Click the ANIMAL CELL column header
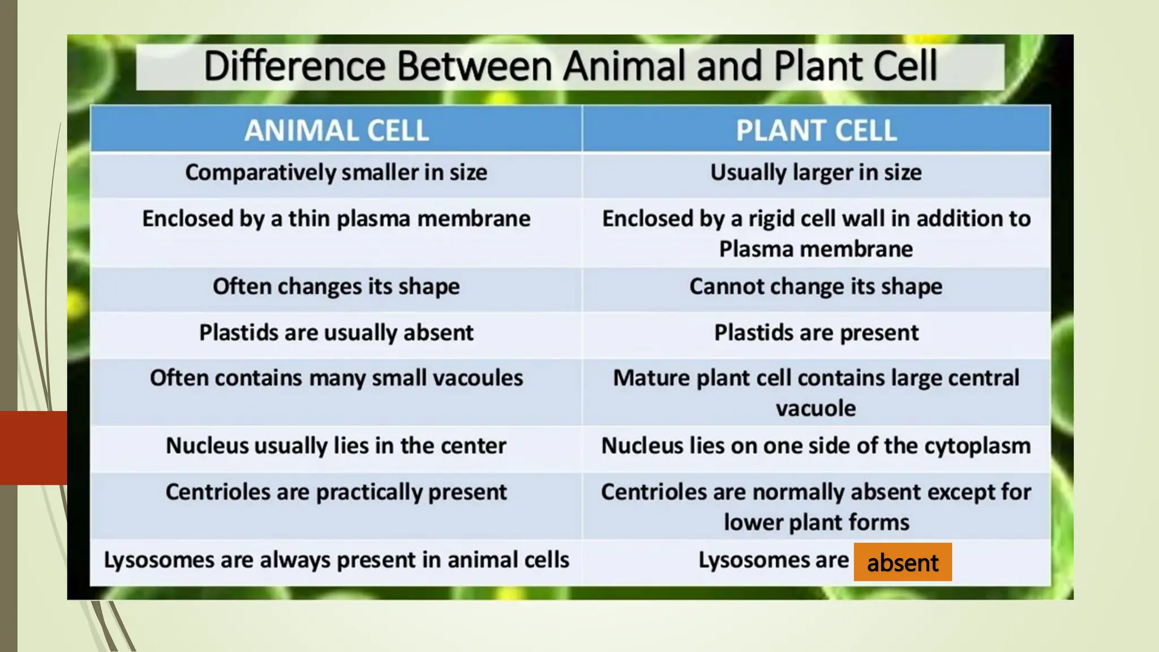pos(336,130)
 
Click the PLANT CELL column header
pos(815,130)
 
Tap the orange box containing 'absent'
pos(903,563)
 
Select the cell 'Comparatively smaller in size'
pos(336,173)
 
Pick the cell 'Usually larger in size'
pos(815,173)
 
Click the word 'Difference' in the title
pos(294,66)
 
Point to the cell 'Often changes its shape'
pos(336,286)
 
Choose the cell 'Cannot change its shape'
pos(815,286)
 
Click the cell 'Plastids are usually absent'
pos(336,333)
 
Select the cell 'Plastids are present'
pos(815,333)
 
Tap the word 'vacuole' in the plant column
pos(815,409)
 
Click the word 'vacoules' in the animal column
pos(486,378)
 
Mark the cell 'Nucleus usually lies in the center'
pos(336,446)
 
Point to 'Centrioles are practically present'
pos(336,492)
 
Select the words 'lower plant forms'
pos(815,522)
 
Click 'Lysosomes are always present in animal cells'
pos(336,560)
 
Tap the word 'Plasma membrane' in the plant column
pos(815,249)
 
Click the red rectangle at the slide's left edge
pos(33,448)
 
